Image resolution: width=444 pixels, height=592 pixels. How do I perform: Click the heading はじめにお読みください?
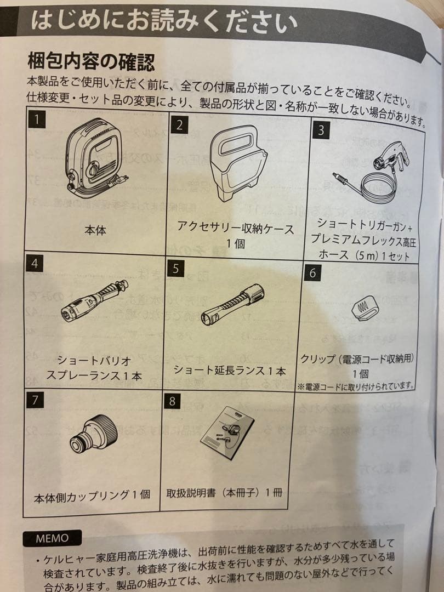click(164, 21)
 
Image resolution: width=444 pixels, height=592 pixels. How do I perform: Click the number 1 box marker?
click(36, 120)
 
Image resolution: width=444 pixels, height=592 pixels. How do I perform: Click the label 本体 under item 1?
click(95, 230)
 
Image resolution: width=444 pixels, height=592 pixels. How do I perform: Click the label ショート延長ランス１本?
click(230, 370)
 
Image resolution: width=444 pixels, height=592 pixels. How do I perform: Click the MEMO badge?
click(53, 538)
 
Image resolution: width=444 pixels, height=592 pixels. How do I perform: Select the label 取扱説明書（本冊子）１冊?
click(225, 492)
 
